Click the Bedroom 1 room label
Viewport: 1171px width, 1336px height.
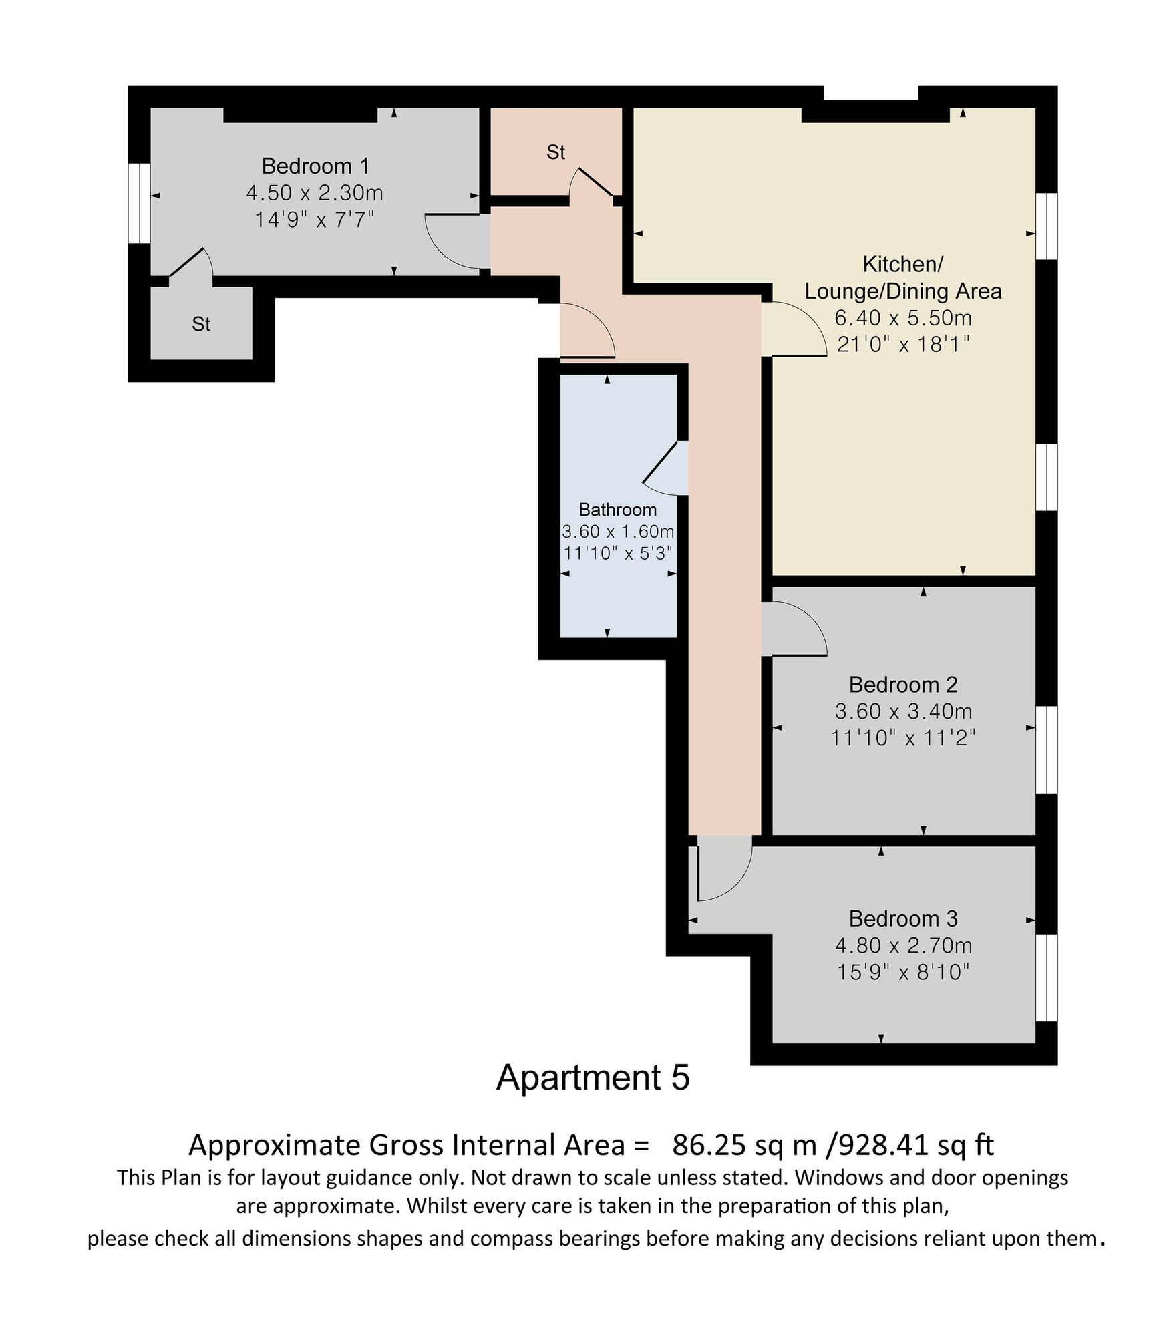pyautogui.click(x=315, y=166)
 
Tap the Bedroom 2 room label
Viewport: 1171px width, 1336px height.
pyautogui.click(x=903, y=685)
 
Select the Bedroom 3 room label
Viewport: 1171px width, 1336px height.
pyautogui.click(x=903, y=919)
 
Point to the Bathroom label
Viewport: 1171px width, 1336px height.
pyautogui.click(x=617, y=510)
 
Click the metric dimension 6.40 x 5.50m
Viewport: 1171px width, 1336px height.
pyautogui.click(x=903, y=317)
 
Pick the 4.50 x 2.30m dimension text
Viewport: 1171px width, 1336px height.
pyautogui.click(x=315, y=193)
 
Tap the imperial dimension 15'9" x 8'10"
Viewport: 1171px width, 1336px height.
pyautogui.click(x=903, y=972)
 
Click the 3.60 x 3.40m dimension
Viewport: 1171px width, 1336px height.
pyautogui.click(x=903, y=711)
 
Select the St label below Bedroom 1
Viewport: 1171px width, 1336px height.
pyautogui.click(x=201, y=324)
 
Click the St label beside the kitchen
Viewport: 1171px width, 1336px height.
pyautogui.click(x=556, y=152)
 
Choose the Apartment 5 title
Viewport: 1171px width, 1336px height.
pyautogui.click(x=593, y=1077)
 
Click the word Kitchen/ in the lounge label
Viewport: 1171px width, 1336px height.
pyautogui.click(x=902, y=265)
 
